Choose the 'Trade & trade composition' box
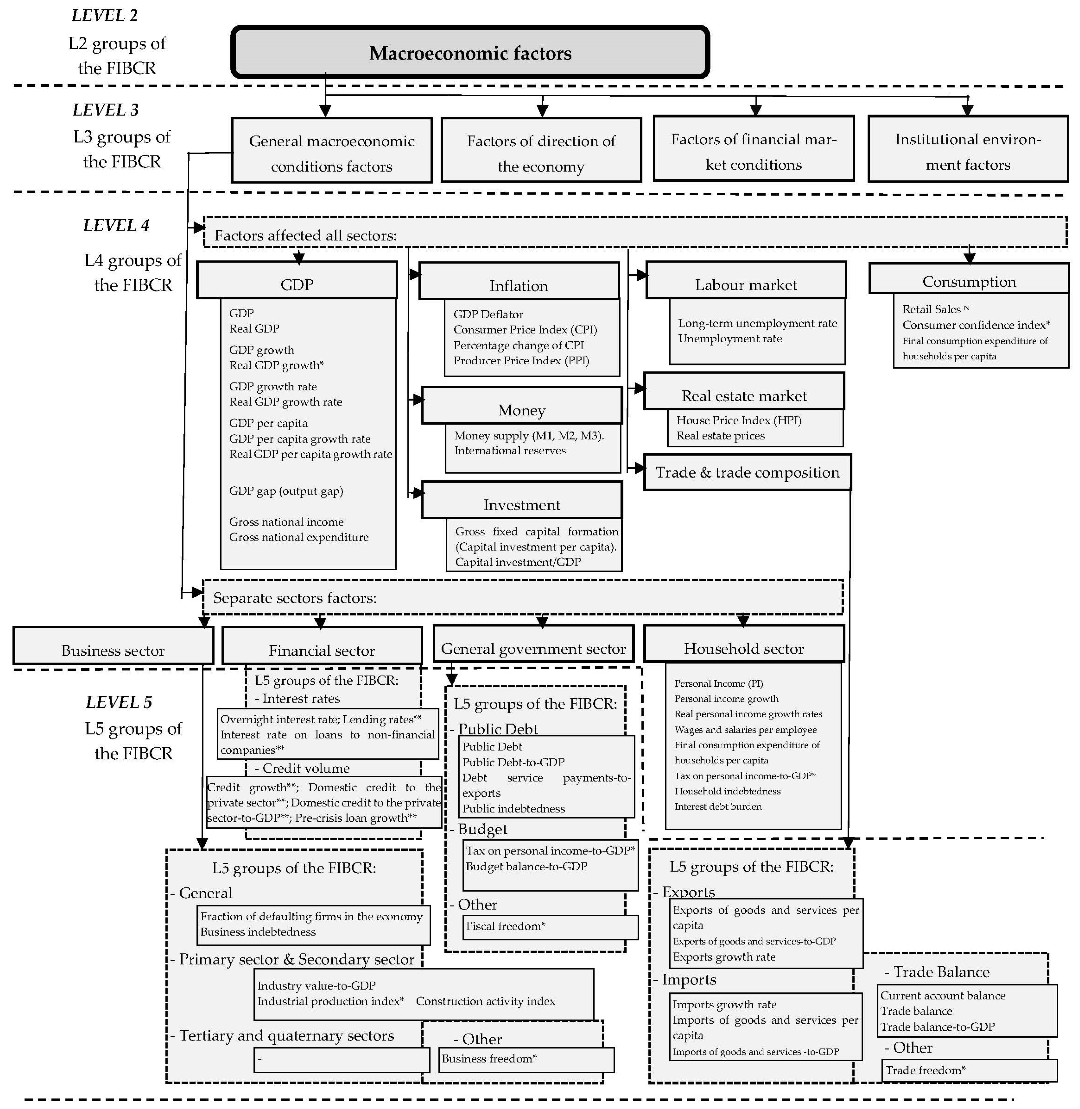747,472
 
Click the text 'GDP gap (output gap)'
286,491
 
